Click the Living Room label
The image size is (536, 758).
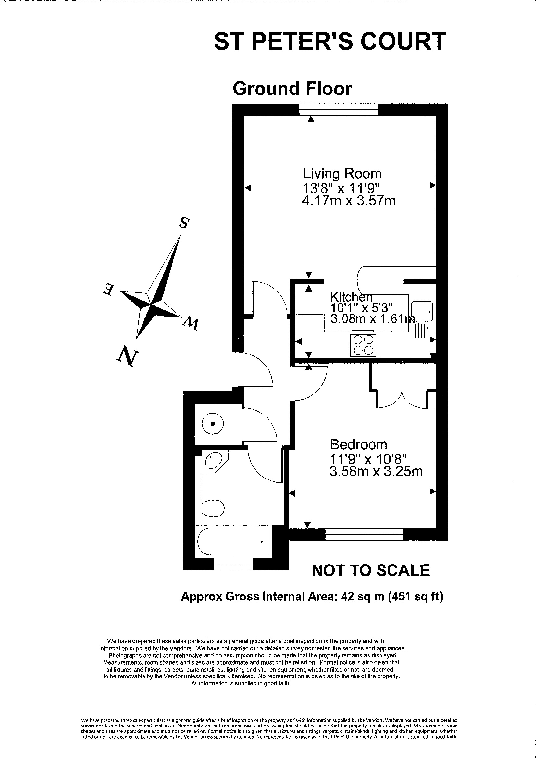click(x=342, y=174)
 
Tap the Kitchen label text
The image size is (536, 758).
click(x=351, y=297)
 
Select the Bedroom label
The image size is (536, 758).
click(x=359, y=445)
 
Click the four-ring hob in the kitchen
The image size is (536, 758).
click(x=363, y=345)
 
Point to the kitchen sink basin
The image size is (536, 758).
click(x=422, y=311)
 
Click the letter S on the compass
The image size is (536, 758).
click(x=184, y=223)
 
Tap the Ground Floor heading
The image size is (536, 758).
click(x=292, y=89)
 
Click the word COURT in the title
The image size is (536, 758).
click(x=403, y=41)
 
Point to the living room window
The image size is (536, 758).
click(x=338, y=110)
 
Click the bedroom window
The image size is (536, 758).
click(x=364, y=535)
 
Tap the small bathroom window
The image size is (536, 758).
click(x=233, y=564)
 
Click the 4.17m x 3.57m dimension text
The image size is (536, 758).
click(x=349, y=201)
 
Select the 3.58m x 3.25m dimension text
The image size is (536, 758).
click(x=376, y=472)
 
